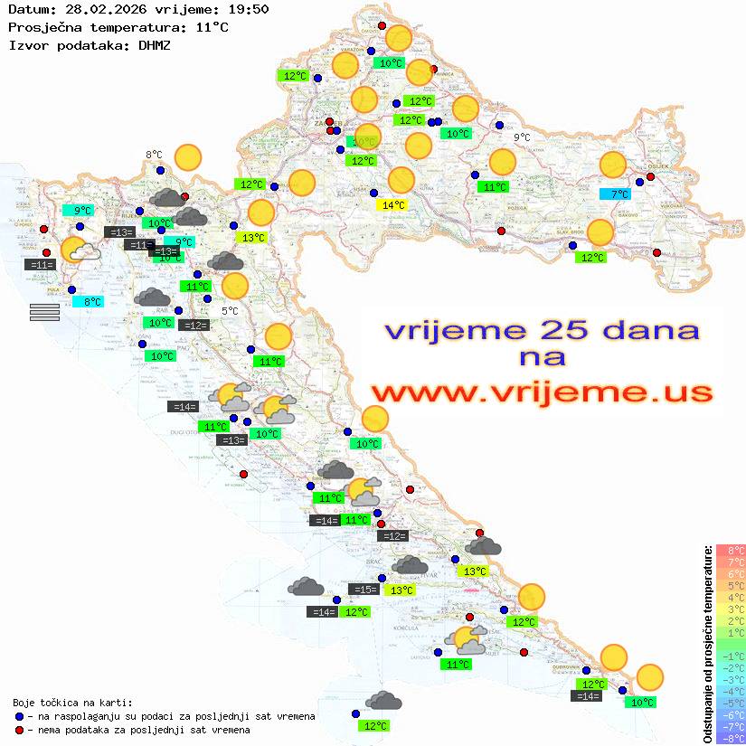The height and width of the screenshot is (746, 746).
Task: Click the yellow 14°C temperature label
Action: tap(393, 205)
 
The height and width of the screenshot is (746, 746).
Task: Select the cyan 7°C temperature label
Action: tap(618, 194)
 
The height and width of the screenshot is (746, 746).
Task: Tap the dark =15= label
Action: tap(364, 590)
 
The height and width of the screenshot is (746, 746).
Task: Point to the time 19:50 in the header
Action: tap(250, 9)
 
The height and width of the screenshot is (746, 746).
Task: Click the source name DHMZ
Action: tap(154, 44)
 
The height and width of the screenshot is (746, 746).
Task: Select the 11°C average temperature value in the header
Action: tap(212, 27)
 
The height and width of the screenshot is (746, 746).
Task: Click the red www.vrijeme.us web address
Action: tap(541, 392)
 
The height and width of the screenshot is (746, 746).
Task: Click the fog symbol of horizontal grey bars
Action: tap(44, 312)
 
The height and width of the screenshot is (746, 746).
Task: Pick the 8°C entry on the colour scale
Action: tap(731, 550)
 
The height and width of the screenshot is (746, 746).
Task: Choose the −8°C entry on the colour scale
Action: tap(731, 738)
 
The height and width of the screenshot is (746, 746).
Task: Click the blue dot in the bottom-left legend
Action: tap(19, 716)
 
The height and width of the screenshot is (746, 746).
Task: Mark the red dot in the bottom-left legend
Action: tap(19, 730)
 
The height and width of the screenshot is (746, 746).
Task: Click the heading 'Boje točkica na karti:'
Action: tap(72, 703)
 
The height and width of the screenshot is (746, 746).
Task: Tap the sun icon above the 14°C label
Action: tap(401, 179)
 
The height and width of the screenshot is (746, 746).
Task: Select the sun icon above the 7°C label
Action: tap(613, 165)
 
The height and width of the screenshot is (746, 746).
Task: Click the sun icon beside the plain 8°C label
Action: tap(187, 157)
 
